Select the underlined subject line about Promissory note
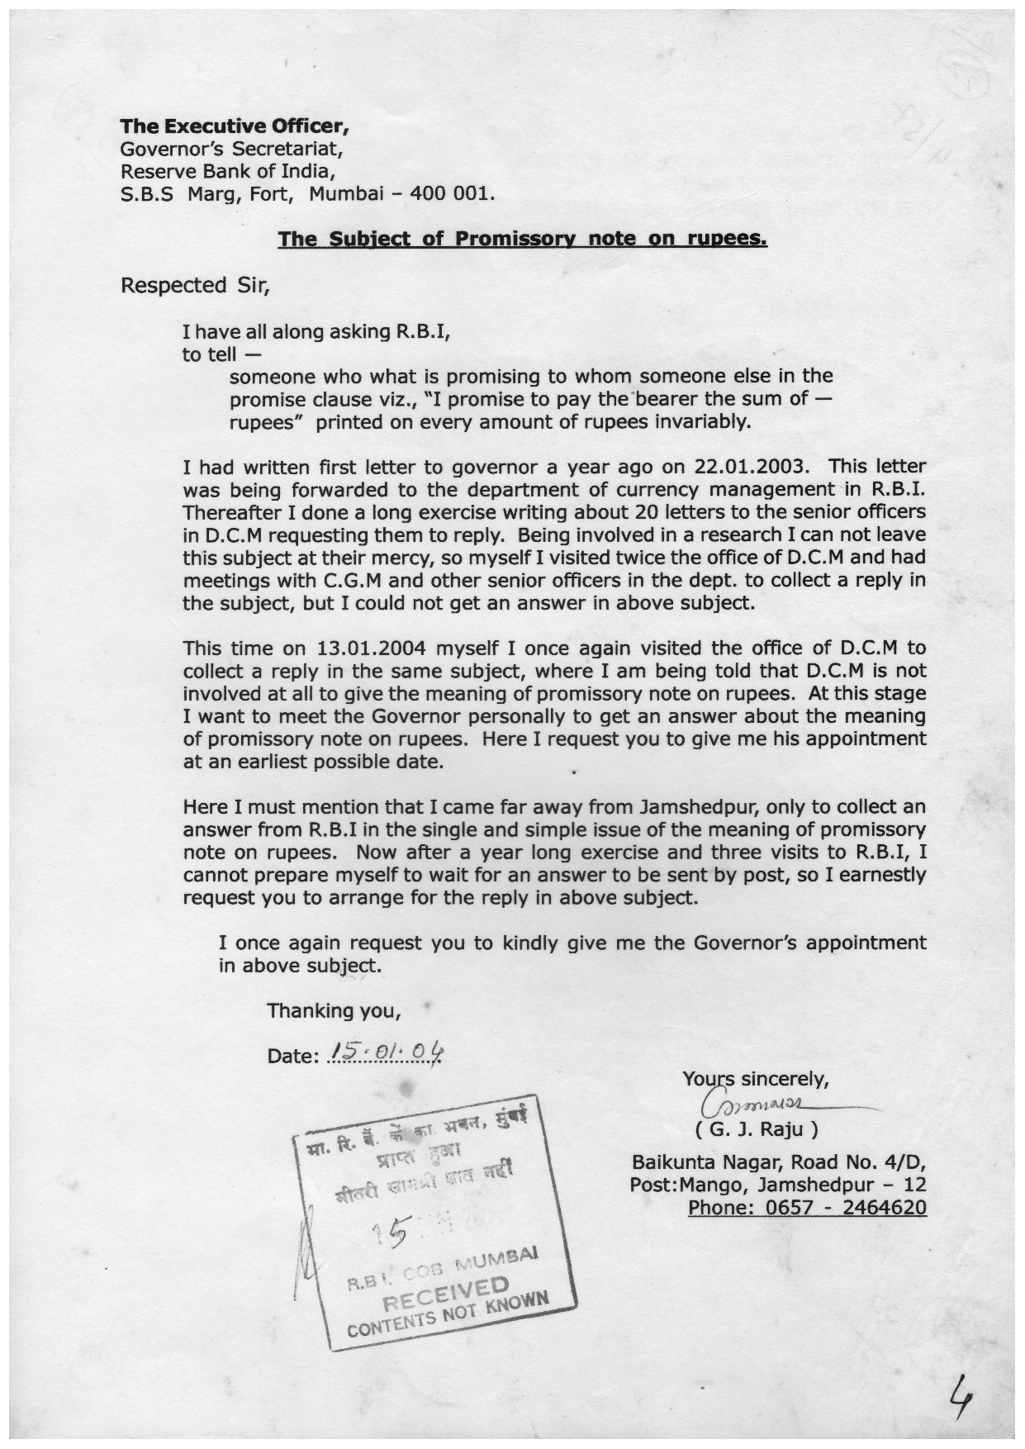tap(522, 239)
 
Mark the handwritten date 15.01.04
tap(386, 1052)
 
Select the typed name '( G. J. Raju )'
tap(757, 1128)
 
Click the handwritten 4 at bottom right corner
tap(960, 1401)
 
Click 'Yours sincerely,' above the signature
tap(755, 1078)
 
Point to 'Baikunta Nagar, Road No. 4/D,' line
tap(778, 1162)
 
